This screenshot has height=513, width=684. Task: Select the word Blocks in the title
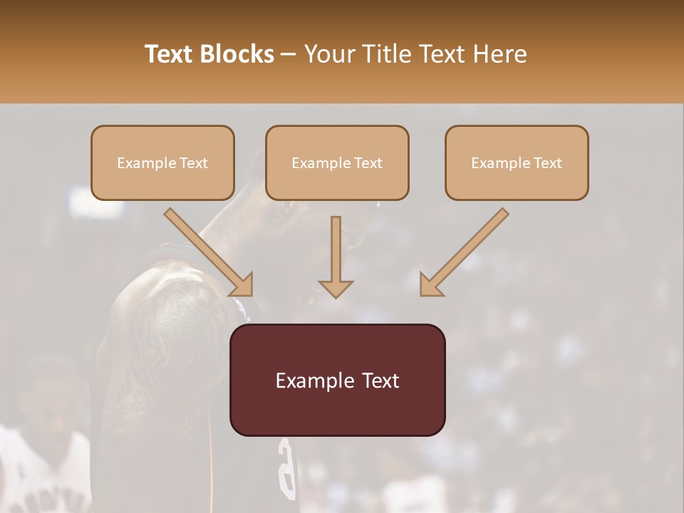coord(237,54)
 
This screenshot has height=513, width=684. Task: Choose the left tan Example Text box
coord(162,163)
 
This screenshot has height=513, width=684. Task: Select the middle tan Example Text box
coord(337,163)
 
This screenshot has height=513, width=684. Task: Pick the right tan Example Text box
coord(517,163)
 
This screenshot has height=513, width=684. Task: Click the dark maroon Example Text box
coord(337,380)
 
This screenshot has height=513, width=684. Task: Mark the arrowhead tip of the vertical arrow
coord(336,296)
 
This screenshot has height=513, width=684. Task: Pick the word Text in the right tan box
coord(548,163)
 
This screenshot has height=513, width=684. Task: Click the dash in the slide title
coord(289,55)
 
